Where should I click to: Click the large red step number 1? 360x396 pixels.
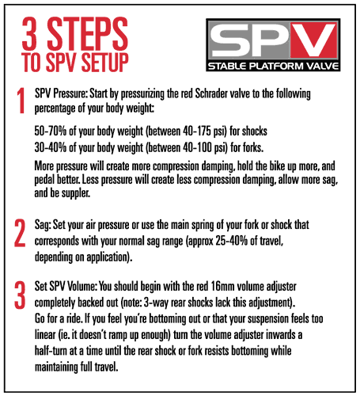pos(21,101)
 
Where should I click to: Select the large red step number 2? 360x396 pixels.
pos(20,233)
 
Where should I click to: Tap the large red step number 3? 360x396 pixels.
pos(20,295)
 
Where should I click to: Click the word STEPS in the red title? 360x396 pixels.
pos(87,33)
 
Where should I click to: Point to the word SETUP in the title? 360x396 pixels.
pos(104,63)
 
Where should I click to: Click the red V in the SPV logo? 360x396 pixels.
pos(313,40)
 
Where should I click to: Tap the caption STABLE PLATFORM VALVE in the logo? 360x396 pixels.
pos(273,66)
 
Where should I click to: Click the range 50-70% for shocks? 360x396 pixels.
pos(51,131)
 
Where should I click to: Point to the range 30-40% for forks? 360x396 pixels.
pos(51,147)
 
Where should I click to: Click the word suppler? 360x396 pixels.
pos(76,193)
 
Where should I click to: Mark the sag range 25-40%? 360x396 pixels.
pos(232,241)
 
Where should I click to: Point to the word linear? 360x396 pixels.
pos(45,335)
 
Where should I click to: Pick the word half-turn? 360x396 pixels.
pos(51,351)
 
